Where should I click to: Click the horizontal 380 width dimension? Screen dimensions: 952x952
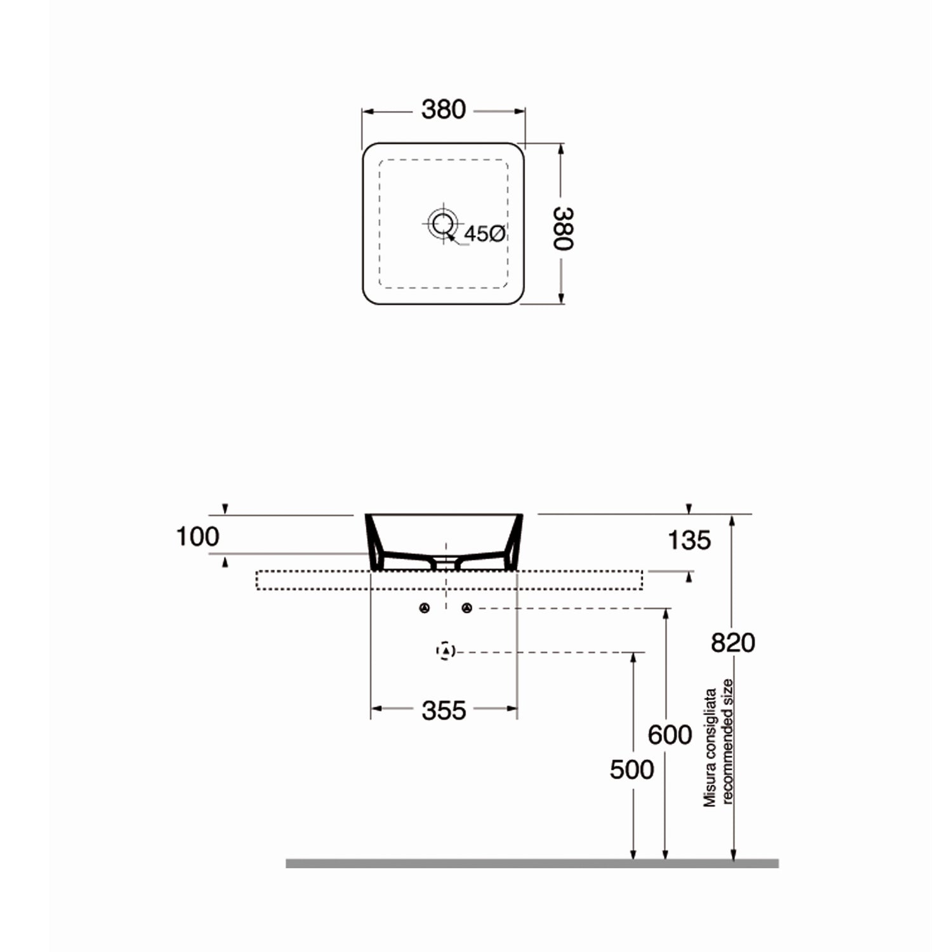point(444,110)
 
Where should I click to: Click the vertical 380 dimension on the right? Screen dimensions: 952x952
point(563,228)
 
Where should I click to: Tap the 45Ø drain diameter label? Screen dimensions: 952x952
point(484,234)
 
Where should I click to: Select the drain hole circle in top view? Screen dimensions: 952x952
point(442,223)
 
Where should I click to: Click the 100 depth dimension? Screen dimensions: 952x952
point(197,537)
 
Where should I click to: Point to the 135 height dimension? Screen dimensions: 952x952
point(689,541)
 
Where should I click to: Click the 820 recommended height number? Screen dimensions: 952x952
point(732,643)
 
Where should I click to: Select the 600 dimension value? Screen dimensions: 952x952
point(670,735)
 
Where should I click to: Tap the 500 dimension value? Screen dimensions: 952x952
point(631,770)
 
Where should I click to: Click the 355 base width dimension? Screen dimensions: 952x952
point(444,711)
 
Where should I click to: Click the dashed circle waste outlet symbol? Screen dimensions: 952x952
point(446,651)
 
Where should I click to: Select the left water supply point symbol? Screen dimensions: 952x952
point(425,609)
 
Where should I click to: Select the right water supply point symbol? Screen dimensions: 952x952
point(467,609)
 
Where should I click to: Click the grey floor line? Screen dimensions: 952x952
point(532,863)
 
